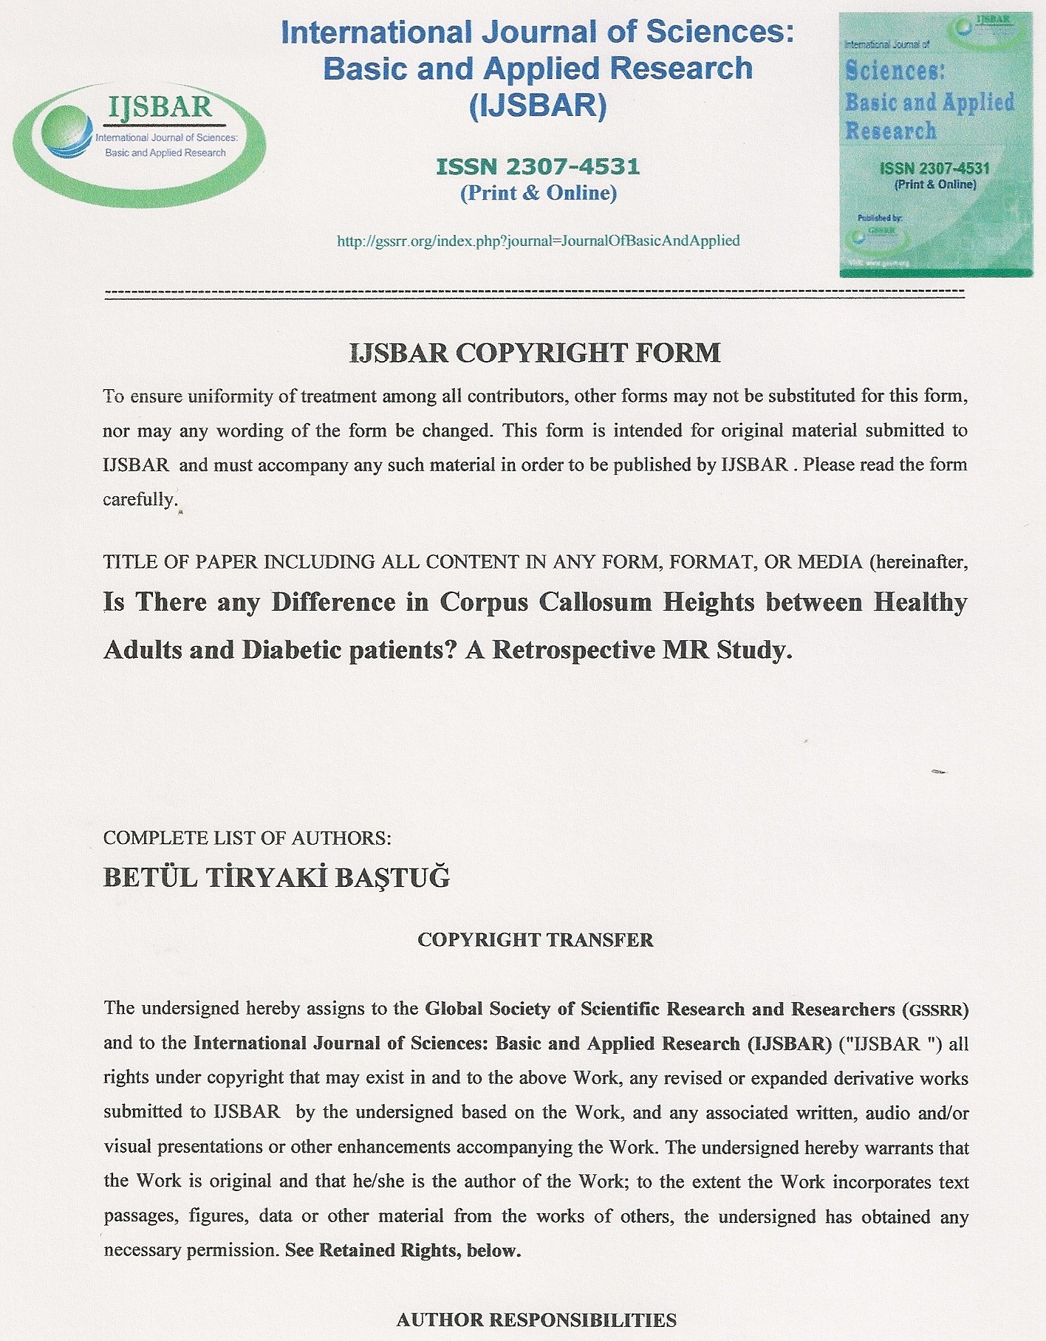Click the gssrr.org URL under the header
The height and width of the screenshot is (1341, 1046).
point(538,241)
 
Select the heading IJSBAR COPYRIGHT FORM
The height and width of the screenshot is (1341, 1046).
point(535,353)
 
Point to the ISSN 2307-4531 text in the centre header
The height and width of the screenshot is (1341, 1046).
point(538,167)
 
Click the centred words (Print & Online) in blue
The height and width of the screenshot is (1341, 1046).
point(538,193)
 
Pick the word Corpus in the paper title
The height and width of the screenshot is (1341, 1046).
point(484,603)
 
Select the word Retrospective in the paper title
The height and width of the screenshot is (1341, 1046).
point(574,650)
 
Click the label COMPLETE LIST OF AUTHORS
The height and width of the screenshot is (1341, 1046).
point(247,838)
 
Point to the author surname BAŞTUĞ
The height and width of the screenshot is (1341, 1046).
point(392,878)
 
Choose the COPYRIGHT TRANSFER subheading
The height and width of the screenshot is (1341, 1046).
point(535,940)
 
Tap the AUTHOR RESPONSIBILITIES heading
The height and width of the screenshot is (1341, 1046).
point(536,1320)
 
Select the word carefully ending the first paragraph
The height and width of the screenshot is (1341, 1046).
point(140,500)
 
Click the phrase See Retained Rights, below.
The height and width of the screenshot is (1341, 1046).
point(403,1251)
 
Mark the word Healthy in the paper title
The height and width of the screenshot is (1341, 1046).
point(920,603)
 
